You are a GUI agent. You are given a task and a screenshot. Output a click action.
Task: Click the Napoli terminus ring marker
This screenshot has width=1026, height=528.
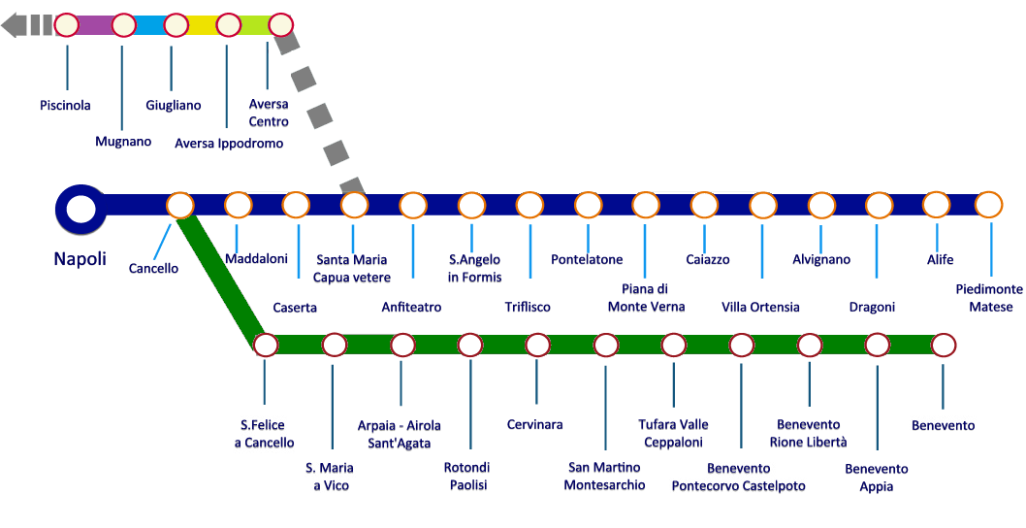[80, 207]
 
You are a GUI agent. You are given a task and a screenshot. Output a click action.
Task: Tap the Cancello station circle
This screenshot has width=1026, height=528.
[179, 206]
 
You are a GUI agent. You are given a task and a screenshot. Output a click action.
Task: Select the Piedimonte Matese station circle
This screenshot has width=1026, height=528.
[987, 205]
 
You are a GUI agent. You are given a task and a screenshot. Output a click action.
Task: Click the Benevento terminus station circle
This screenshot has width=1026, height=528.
[944, 345]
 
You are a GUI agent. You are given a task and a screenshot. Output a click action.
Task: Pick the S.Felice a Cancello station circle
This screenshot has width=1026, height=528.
[265, 345]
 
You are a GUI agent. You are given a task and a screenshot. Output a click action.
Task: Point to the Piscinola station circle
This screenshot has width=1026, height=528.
[67, 24]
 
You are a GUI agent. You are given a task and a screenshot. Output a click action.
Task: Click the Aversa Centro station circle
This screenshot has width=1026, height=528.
[279, 24]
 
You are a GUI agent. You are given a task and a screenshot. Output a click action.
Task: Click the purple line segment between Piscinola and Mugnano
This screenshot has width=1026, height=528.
[95, 25]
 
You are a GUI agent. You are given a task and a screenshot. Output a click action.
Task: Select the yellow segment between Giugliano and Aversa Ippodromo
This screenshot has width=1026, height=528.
[202, 25]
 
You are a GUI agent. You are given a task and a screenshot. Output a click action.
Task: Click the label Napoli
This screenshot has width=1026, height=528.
[80, 259]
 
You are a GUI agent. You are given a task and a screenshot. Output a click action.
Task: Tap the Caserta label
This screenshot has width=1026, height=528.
[295, 308]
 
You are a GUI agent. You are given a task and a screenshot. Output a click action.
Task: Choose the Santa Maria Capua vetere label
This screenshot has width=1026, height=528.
[351, 269]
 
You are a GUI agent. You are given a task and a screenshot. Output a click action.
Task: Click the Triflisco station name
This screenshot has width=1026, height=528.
[528, 308]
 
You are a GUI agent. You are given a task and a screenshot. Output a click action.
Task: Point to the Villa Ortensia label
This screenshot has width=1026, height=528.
[760, 308]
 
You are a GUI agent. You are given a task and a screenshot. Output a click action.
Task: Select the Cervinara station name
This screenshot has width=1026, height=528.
[534, 425]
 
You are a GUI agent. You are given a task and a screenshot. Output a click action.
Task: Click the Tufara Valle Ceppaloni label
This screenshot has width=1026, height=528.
[673, 434]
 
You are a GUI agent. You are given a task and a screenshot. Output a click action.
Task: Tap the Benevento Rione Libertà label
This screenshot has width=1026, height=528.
[808, 434]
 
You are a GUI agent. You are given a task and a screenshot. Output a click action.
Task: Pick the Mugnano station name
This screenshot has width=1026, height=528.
[123, 142]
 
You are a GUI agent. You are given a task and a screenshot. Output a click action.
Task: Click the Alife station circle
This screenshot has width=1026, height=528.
[936, 205]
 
